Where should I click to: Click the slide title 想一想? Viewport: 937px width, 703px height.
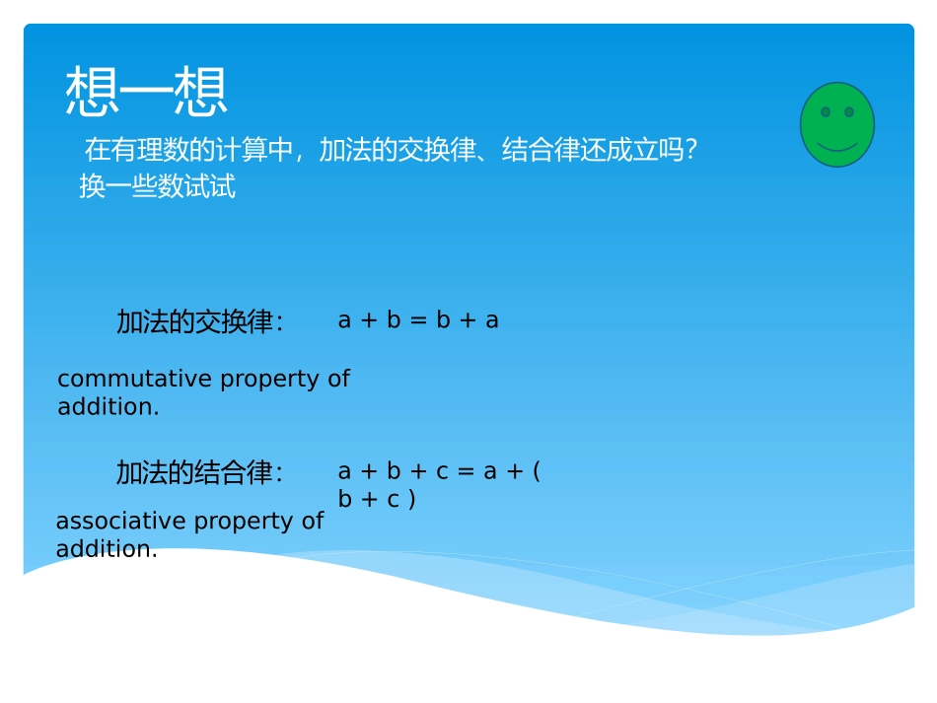tap(146, 93)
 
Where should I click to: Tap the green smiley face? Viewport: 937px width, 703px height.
tap(836, 124)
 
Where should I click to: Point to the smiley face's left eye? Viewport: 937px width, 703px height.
tap(826, 112)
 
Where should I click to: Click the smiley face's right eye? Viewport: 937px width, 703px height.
tap(848, 112)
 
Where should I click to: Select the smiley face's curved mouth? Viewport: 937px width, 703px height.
tap(836, 147)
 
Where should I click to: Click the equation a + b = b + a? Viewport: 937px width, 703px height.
tap(418, 320)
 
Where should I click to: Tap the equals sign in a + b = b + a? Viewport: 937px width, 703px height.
tap(418, 321)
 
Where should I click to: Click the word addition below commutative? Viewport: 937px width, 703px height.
tap(108, 407)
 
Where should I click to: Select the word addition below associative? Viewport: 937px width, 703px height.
tap(107, 549)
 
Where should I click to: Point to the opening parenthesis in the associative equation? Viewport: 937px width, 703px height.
tap(536, 471)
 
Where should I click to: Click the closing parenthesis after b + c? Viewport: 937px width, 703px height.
tap(411, 500)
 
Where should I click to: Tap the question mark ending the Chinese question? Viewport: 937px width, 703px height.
tap(691, 151)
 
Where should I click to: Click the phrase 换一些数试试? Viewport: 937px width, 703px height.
tap(157, 186)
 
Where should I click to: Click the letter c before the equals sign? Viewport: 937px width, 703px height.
tap(441, 472)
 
